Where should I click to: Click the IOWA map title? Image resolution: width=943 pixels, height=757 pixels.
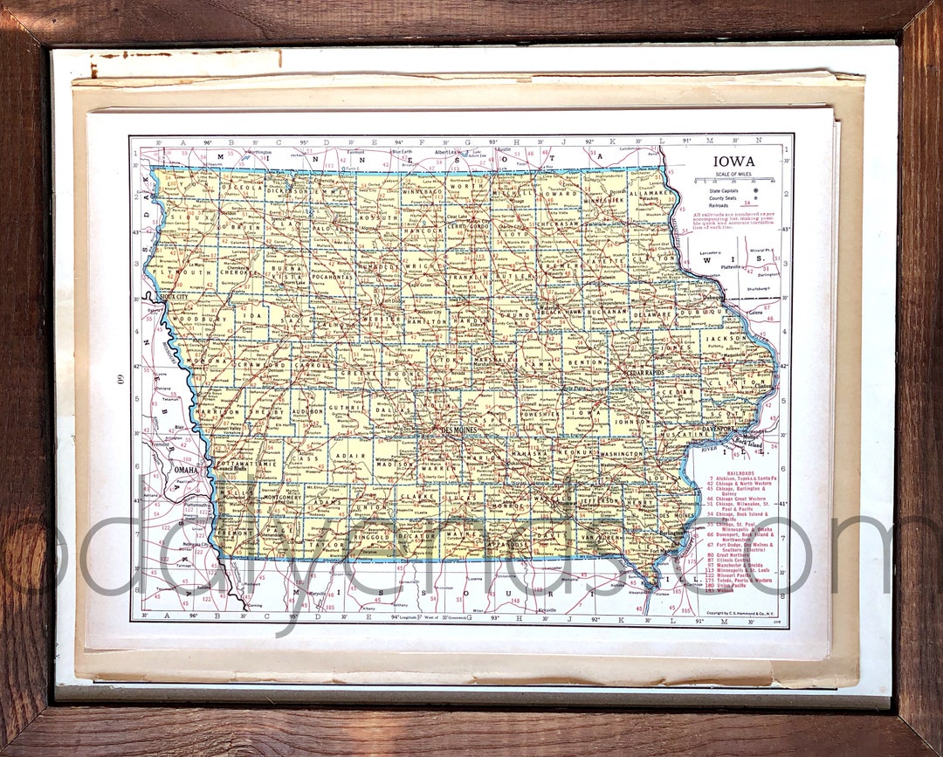point(733,162)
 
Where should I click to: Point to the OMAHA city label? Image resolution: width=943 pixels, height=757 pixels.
point(186,470)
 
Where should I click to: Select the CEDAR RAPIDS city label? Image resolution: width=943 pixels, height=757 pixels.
point(644,373)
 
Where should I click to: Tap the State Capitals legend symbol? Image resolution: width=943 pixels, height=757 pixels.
point(754,189)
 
